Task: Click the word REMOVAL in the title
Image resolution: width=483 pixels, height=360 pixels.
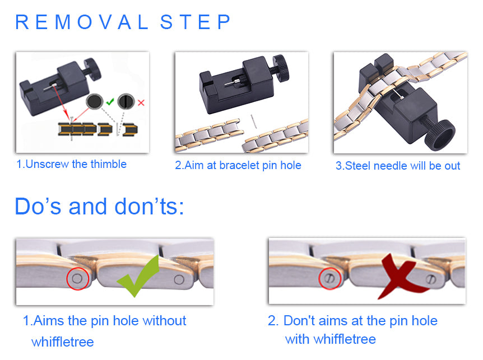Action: click(82, 22)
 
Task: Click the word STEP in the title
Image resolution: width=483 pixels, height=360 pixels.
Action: click(195, 22)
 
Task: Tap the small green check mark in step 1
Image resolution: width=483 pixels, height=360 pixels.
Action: click(110, 101)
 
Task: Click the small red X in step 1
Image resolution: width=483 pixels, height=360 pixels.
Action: click(141, 102)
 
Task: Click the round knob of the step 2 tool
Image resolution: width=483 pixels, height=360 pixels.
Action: click(281, 68)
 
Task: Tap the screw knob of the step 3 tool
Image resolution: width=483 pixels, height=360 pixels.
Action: click(439, 135)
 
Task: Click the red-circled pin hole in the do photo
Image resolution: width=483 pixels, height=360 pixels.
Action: click(77, 279)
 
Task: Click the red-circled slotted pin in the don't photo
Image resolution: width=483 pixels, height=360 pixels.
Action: click(329, 278)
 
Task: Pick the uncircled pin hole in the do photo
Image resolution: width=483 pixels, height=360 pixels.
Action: click(179, 279)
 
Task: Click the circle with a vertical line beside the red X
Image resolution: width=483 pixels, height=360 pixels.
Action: click(126, 101)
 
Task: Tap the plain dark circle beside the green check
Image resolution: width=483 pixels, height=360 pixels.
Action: click(94, 101)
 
